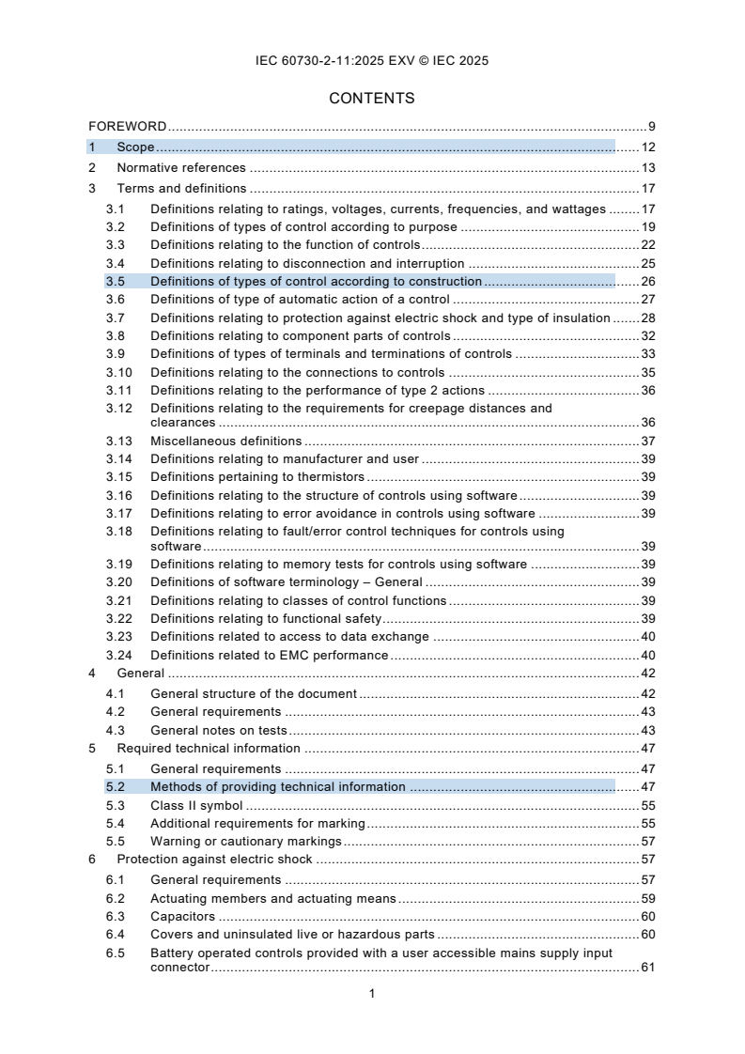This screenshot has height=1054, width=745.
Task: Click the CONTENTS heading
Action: [372, 99]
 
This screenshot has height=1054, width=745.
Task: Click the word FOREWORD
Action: [128, 126]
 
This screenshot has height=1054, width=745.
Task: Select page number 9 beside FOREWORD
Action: [651, 126]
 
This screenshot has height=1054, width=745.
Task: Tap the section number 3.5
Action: [115, 281]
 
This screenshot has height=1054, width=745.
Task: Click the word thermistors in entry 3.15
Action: [304, 477]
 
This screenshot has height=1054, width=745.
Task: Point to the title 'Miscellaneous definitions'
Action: [225, 441]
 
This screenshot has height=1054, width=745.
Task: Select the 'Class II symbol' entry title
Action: [196, 805]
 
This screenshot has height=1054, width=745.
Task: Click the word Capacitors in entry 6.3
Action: [182, 916]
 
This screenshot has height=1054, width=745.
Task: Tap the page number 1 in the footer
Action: [373, 993]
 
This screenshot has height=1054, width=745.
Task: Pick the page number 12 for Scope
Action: [647, 147]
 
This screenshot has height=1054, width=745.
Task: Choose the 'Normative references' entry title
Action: [180, 168]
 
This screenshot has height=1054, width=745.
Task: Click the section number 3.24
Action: [118, 655]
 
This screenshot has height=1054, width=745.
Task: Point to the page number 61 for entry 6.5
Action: [647, 968]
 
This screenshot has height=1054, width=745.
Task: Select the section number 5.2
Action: [115, 786]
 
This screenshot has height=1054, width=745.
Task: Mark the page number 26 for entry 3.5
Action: [647, 281]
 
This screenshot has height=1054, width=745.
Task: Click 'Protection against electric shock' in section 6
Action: [214, 860]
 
